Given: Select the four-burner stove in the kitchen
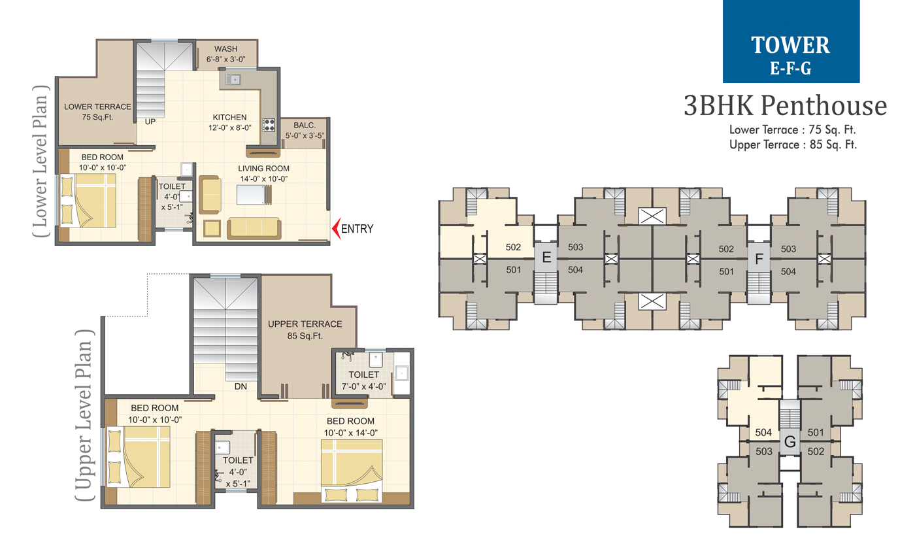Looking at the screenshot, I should (x=269, y=124).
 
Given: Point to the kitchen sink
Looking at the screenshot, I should (x=233, y=80).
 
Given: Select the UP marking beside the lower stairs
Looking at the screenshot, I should (x=150, y=121).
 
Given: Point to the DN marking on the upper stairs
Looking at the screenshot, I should (x=241, y=386).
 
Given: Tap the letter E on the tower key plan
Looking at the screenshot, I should (x=546, y=257).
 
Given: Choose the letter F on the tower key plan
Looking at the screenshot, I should (x=759, y=257).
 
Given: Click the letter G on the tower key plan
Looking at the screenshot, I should (x=790, y=443).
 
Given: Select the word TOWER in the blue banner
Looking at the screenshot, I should (x=790, y=45).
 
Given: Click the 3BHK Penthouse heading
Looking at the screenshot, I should (x=785, y=105).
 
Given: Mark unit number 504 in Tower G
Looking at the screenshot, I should (x=763, y=432).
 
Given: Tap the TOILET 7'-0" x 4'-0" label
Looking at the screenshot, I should (x=364, y=380).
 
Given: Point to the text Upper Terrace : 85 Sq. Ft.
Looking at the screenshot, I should (x=793, y=144).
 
